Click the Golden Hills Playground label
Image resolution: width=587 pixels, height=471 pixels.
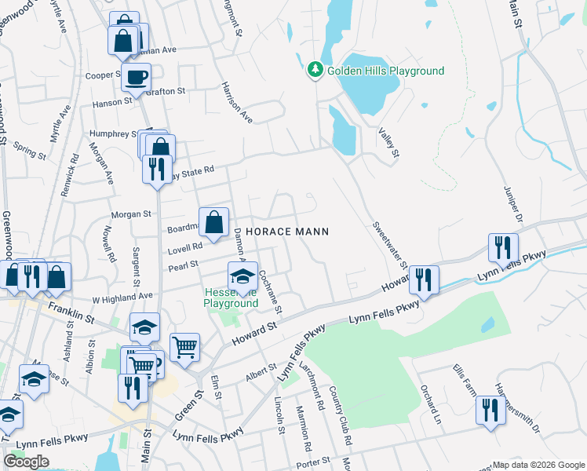385,71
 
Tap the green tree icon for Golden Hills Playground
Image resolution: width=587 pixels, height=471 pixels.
315,71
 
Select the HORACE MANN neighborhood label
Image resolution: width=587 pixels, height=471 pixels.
286,232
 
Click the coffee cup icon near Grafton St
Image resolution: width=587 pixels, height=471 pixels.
137,78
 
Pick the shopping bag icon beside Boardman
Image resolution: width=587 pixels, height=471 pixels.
213,222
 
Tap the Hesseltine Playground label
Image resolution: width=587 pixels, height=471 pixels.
232,298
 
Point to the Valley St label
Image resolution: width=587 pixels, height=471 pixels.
388,144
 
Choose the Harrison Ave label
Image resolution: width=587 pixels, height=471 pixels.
237,102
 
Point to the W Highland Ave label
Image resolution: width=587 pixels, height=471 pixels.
122,297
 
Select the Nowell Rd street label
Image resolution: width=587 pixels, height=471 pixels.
109,244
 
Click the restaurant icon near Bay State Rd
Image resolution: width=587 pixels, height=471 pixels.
157,169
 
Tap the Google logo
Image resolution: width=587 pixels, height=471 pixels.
27,462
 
